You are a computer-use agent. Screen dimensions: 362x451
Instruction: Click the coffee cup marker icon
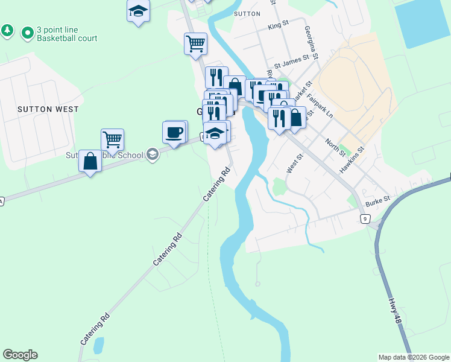point(175,132)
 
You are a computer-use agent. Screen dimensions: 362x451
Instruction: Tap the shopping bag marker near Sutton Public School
point(90,162)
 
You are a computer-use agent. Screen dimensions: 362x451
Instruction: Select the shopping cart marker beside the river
point(196,43)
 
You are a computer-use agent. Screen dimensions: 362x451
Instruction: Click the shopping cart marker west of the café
point(112,140)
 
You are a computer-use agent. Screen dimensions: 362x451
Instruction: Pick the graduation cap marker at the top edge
point(138,11)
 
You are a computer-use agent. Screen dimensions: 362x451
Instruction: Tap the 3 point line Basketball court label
point(66,34)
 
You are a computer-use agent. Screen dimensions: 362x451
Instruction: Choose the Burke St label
point(378,198)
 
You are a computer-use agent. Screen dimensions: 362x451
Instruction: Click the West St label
point(294,164)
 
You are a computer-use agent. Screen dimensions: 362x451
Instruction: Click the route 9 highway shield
point(365,218)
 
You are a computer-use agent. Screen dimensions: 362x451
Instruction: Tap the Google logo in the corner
point(20,355)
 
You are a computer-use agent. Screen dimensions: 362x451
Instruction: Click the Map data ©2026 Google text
point(413,357)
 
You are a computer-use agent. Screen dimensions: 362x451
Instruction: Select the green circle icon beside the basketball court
point(27,33)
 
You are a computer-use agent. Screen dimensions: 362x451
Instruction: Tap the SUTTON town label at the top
point(247,13)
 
